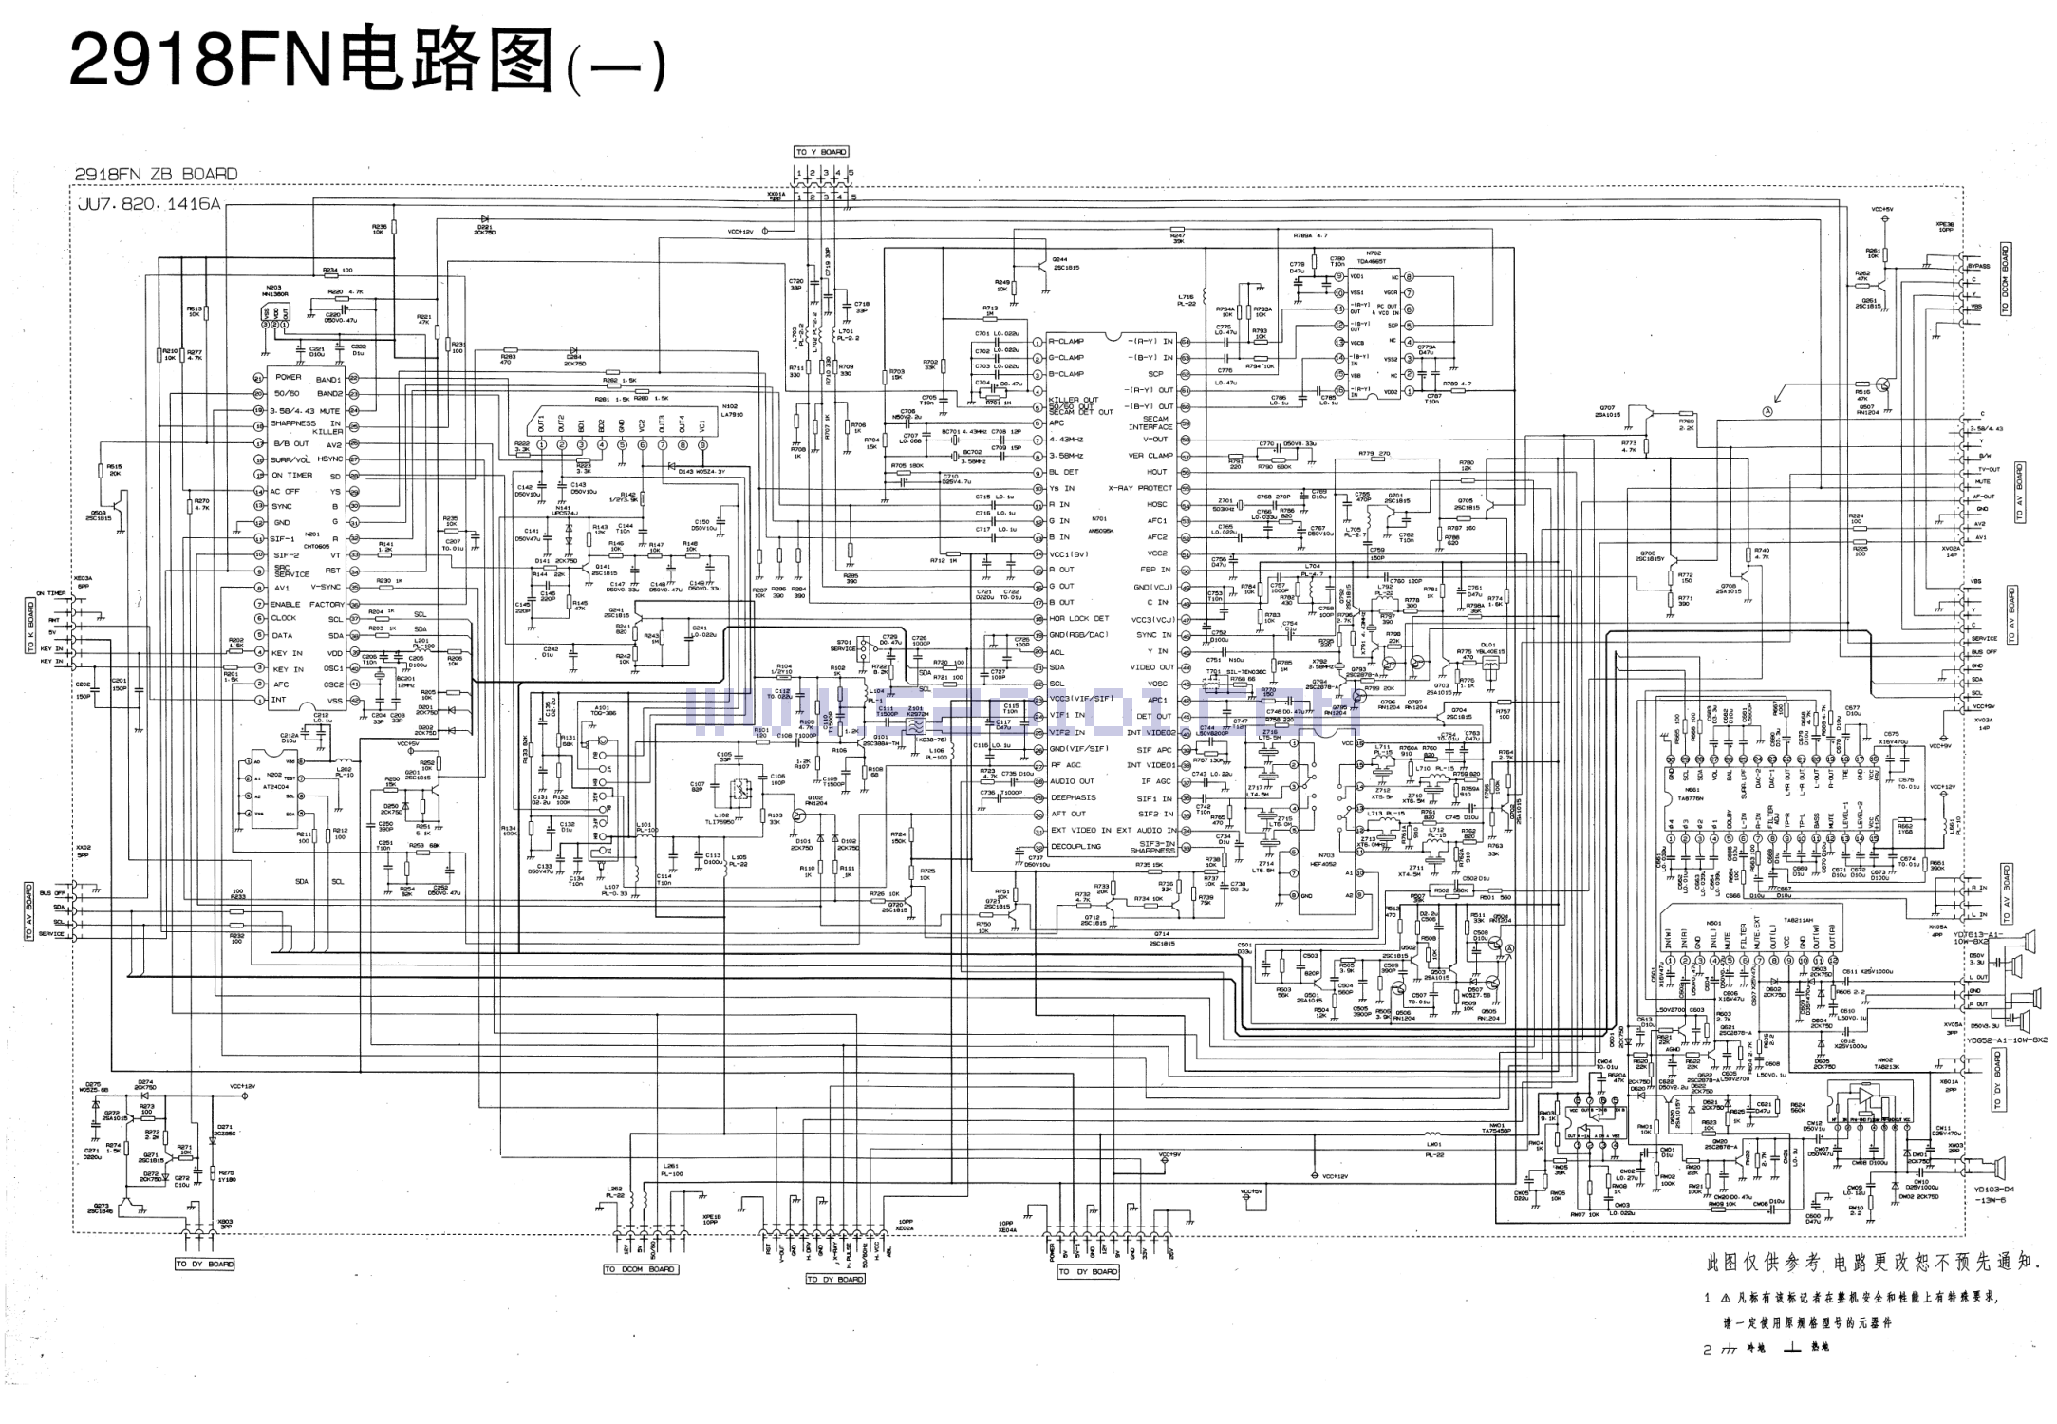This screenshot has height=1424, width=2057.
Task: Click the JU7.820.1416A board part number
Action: point(147,204)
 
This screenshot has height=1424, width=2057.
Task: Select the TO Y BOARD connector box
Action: point(821,152)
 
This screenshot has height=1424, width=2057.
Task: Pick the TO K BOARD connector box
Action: point(30,626)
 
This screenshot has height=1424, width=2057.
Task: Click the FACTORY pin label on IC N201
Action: point(327,604)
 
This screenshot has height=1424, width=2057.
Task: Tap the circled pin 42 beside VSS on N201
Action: point(354,701)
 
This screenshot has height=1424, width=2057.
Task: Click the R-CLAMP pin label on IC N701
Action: point(1066,341)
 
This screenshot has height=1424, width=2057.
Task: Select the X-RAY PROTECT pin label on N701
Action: point(1141,488)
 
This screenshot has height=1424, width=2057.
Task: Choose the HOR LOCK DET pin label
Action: point(1078,618)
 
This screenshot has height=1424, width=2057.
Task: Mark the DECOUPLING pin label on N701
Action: point(1075,846)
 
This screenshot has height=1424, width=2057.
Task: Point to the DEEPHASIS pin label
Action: point(1073,797)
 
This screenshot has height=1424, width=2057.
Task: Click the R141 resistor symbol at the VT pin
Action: point(385,554)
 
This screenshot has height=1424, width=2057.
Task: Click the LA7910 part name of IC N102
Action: point(731,415)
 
